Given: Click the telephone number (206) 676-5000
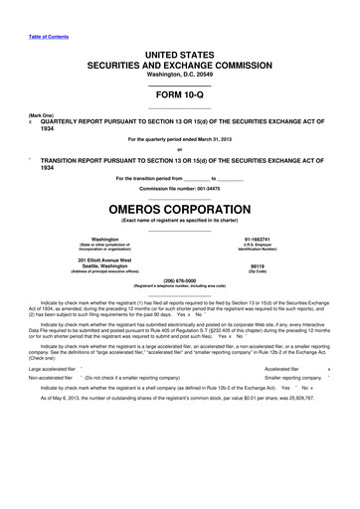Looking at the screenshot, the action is [179, 279].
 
